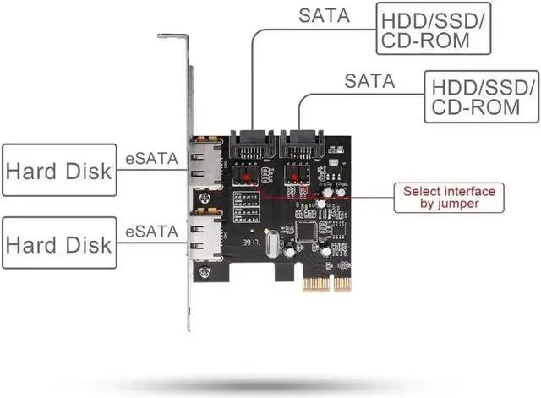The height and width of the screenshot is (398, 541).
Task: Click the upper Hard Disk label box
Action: click(58, 169)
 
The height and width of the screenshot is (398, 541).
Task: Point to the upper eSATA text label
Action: click(151, 156)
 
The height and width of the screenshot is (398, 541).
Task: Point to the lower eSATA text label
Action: click(151, 230)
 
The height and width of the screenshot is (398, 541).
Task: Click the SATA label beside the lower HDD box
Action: click(369, 81)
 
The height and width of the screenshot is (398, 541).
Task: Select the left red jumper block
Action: click(247, 177)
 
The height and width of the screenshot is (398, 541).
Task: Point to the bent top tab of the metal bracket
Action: click(172, 36)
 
